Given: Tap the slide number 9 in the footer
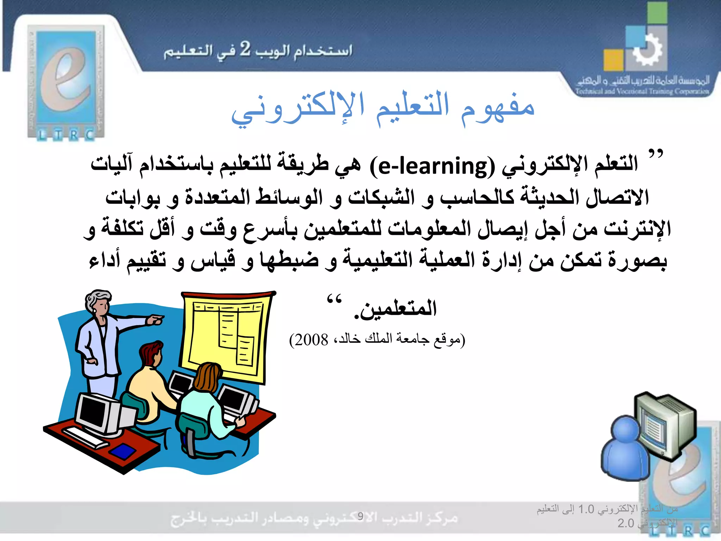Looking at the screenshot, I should tap(360, 516).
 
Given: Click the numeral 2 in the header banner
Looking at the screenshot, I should tap(245, 49).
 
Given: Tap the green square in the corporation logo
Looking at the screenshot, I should tap(657, 13).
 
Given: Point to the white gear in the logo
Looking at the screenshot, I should tap(647, 49).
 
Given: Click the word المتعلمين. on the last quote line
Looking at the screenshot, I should tap(396, 309).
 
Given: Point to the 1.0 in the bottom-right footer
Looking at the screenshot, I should tap(586, 509).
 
